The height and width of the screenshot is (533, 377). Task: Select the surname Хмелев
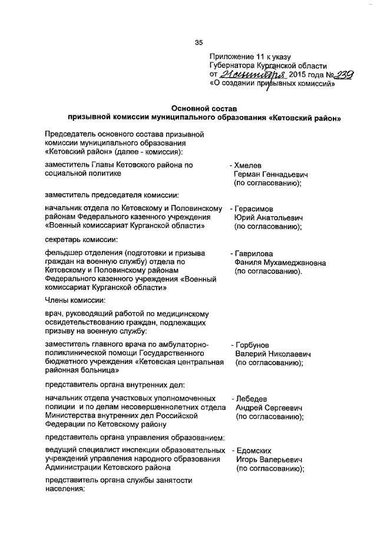tap(249, 165)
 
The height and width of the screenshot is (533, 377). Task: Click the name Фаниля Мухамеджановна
tap(280, 263)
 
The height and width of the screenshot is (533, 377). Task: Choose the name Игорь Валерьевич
tap(269, 459)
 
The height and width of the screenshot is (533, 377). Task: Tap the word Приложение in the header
tap(232, 57)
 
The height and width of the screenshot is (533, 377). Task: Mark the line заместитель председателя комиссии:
tap(112, 194)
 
